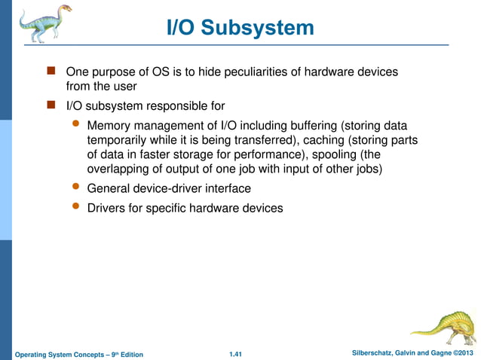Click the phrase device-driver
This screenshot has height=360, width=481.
point(168,188)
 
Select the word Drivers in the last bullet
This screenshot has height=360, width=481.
point(108,207)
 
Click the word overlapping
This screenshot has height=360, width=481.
point(120,169)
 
